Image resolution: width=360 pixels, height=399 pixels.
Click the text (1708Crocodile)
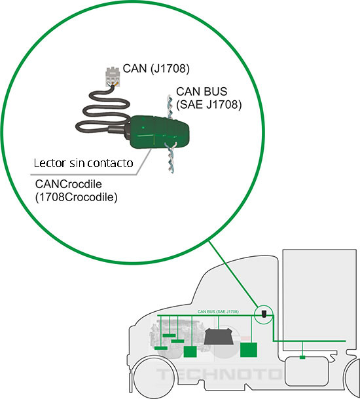point(75,196)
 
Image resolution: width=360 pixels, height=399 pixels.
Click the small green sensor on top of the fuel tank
point(302,357)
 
